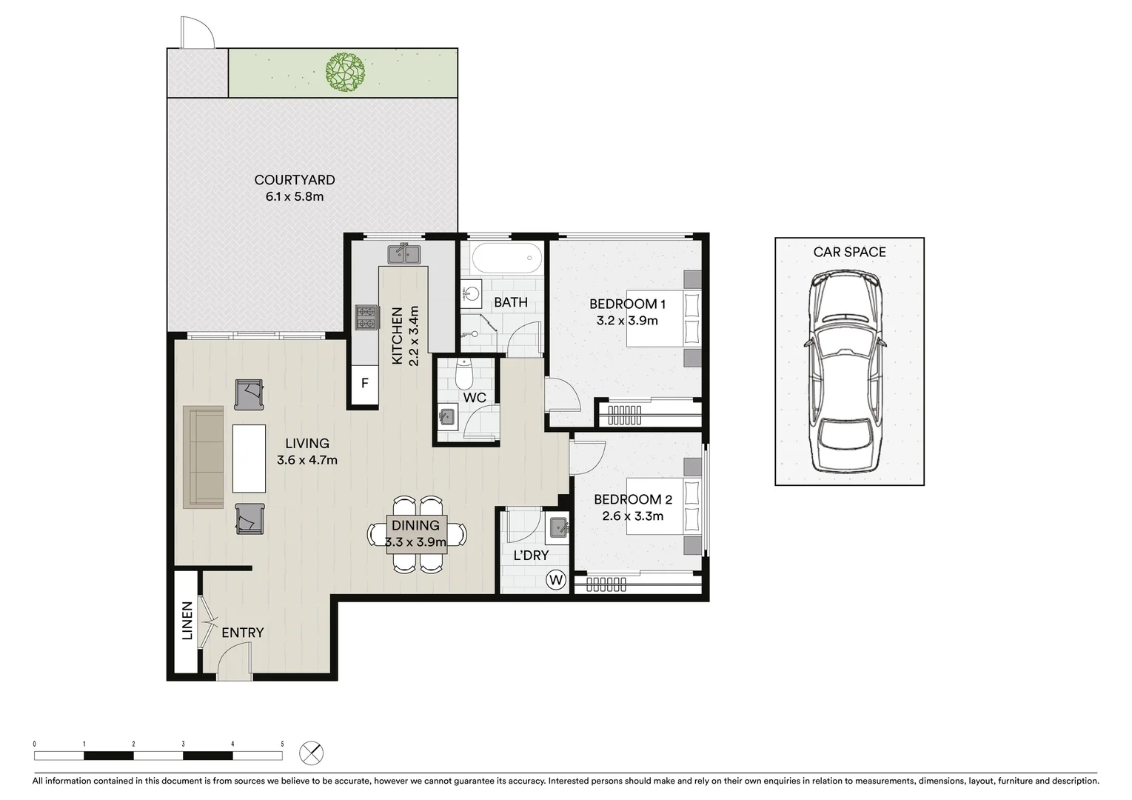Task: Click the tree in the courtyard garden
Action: point(345,72)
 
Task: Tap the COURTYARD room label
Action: point(294,180)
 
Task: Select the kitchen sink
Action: point(403,255)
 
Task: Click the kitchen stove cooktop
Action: point(366,318)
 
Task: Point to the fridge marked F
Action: point(364,384)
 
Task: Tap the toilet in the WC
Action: point(464,375)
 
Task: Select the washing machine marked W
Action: point(555,579)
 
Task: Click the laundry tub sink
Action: point(557,527)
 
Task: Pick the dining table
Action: point(417,533)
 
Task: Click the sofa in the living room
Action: point(204,457)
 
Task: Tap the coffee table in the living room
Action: point(249,459)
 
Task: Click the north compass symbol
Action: point(312,754)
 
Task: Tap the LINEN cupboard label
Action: point(187,621)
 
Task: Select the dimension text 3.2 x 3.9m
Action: point(627,321)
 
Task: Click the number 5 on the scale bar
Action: point(282,744)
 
